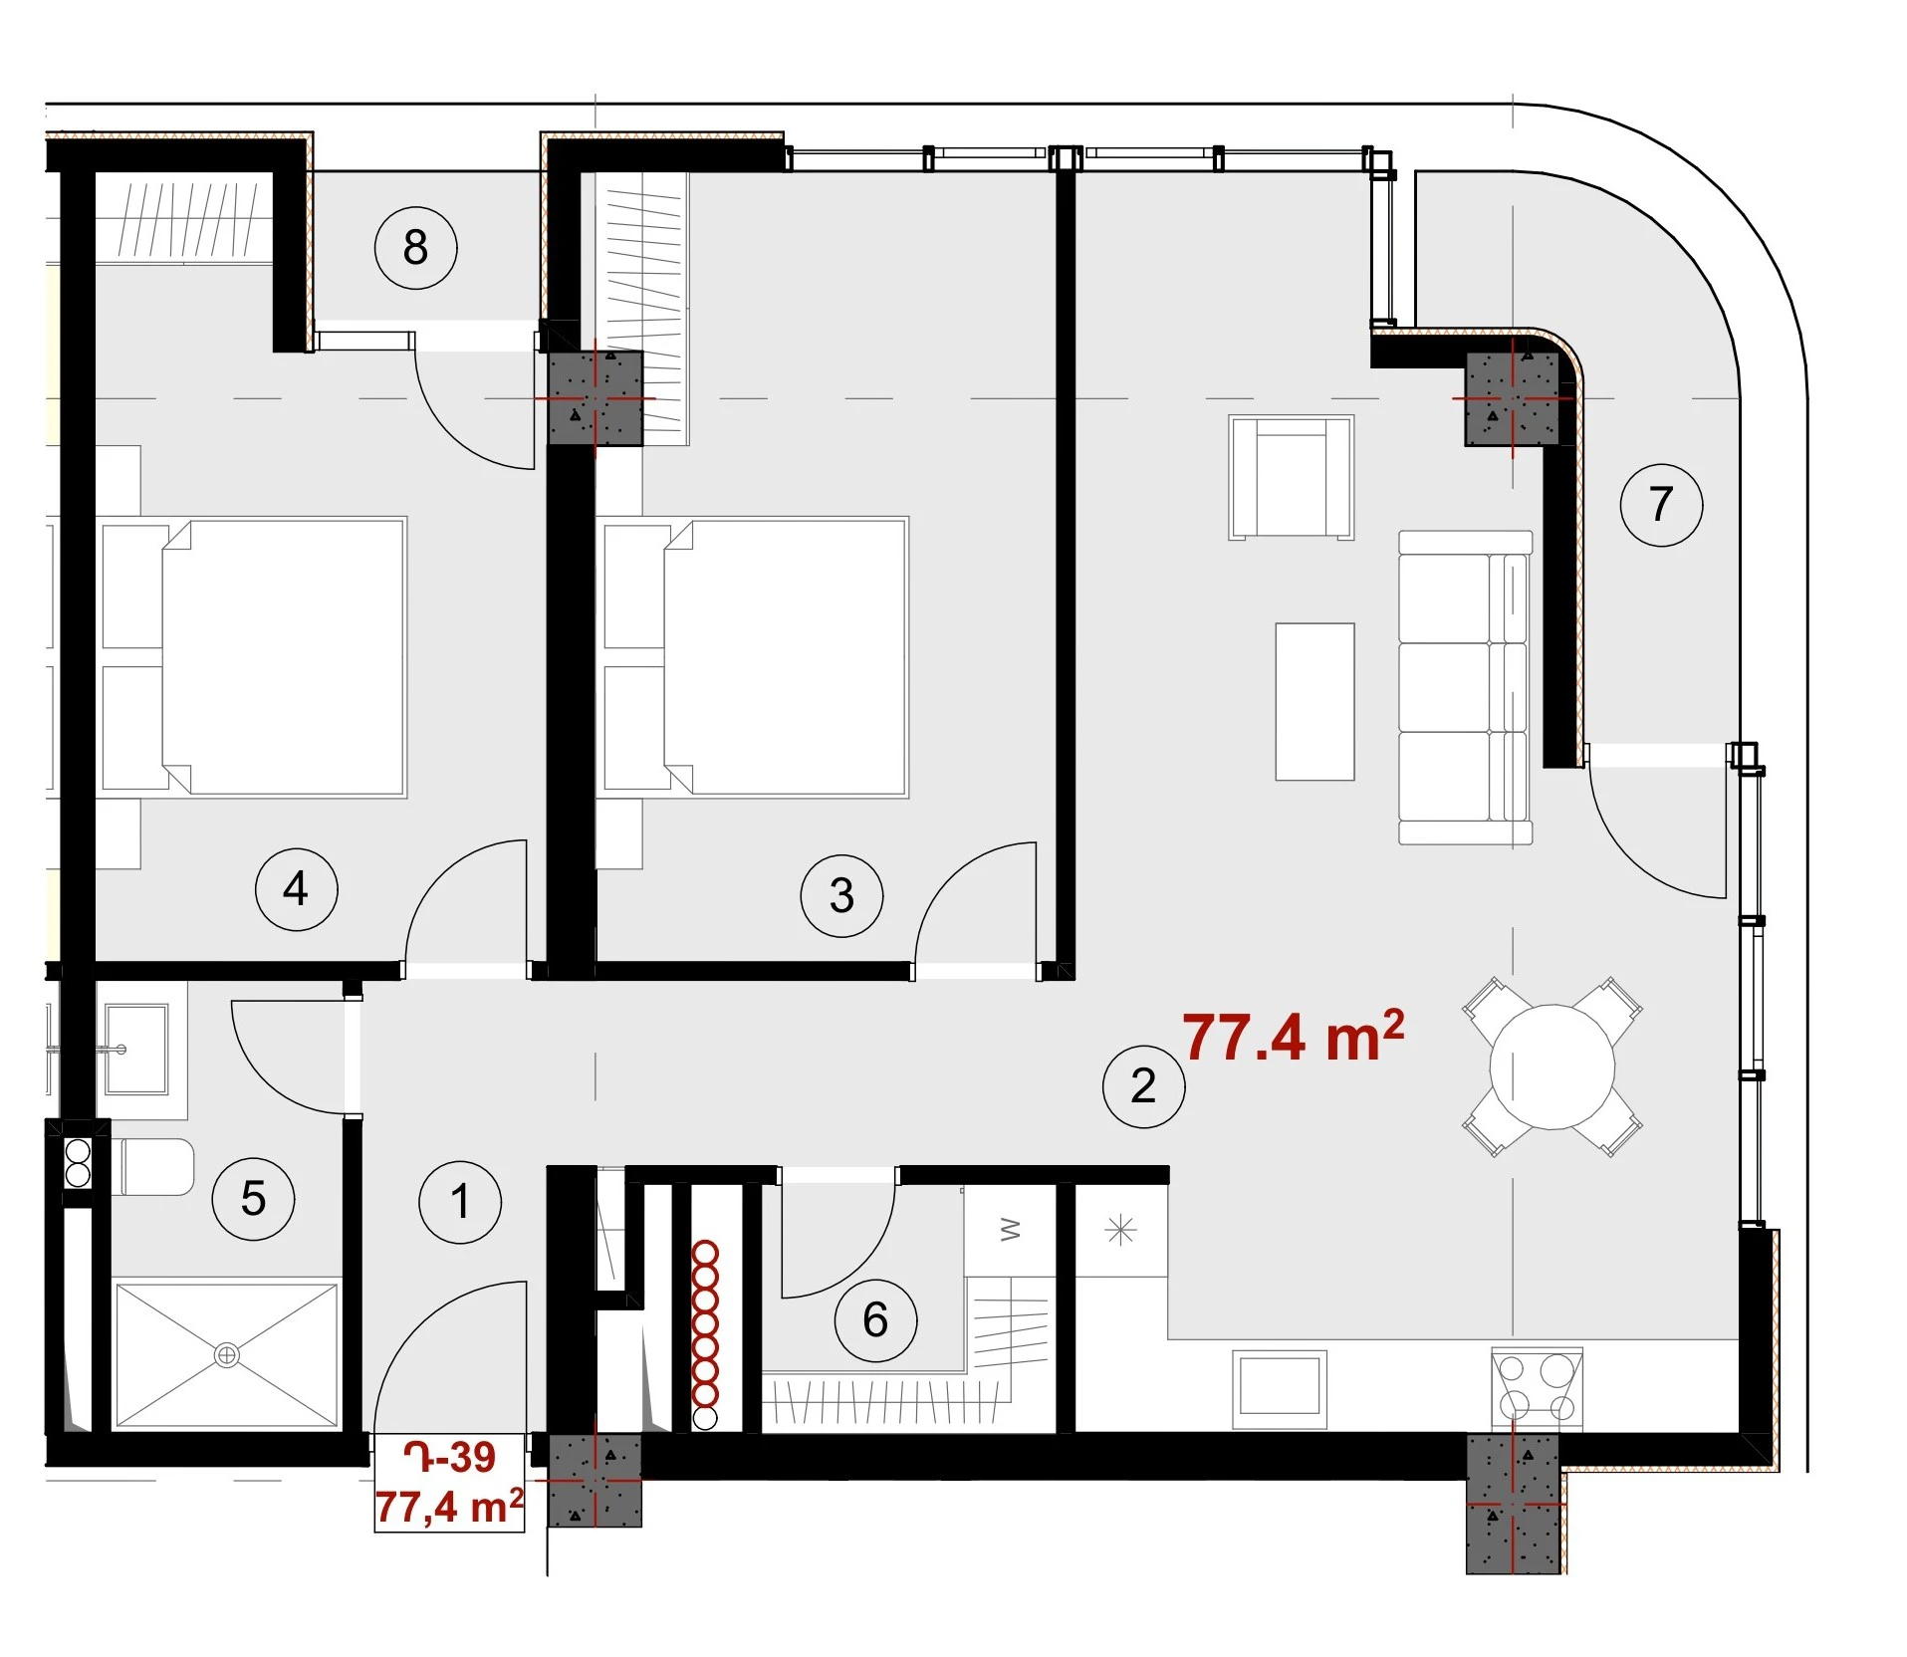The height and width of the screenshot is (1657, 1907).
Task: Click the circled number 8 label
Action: tap(415, 247)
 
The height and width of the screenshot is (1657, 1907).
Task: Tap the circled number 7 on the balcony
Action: tap(1661, 504)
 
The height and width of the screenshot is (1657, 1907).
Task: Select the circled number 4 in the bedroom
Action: tap(296, 889)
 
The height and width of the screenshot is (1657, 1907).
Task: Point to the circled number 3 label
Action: tap(841, 895)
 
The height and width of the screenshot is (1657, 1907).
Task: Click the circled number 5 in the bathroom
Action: tap(253, 1198)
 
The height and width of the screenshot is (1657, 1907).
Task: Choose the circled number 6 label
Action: tap(875, 1320)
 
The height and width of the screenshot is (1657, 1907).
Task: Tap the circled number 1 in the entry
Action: tap(460, 1202)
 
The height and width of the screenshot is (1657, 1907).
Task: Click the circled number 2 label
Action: tap(1143, 1085)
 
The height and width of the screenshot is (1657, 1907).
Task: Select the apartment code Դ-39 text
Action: tap(449, 1457)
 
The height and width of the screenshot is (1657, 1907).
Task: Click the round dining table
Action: tap(1551, 1066)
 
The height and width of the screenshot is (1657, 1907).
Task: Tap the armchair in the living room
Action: tap(1292, 477)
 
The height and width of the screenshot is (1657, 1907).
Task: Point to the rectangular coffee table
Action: tap(1314, 701)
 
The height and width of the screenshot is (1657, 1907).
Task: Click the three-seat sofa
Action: tap(1464, 687)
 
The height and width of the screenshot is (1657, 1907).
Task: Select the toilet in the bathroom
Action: tap(155, 1167)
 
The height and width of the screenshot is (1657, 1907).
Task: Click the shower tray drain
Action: tap(227, 1354)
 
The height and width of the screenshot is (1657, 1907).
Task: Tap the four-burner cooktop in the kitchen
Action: tap(1537, 1388)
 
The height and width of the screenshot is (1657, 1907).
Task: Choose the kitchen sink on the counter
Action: tap(1279, 1388)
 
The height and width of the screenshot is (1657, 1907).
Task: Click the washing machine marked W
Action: tap(1010, 1231)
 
